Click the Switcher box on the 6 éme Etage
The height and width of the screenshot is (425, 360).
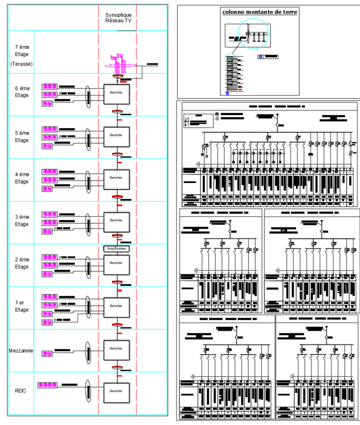[116, 93]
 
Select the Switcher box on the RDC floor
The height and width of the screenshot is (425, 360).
[116, 391]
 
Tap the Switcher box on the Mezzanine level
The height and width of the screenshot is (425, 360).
[116, 349]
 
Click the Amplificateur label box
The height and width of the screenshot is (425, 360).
[116, 247]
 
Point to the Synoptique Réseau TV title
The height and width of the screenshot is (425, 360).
[118, 17]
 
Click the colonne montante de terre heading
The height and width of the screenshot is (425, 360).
[259, 12]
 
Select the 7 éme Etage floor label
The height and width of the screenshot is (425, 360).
[22, 51]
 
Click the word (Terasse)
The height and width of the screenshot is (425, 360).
[22, 64]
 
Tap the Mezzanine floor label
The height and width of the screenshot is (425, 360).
[22, 351]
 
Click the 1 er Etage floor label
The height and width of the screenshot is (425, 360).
[22, 306]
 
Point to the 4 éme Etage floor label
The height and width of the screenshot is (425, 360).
[22, 178]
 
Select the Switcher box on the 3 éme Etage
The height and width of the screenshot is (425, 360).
[116, 220]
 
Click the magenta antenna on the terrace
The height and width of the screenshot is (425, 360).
[119, 63]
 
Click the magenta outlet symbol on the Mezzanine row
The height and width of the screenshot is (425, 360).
[48, 353]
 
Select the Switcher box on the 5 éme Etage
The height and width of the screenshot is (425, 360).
[116, 136]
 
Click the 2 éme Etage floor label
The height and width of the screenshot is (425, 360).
[22, 263]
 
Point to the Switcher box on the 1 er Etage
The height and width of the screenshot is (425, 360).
[116, 306]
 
